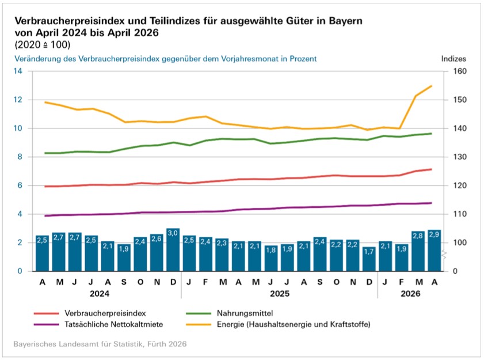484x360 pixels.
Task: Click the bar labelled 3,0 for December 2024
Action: [173, 250]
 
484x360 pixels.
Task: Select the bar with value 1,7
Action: [368, 259]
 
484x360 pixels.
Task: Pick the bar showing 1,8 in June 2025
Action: [270, 258]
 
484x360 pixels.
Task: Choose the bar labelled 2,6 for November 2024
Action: [157, 252]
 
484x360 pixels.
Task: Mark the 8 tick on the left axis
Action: [19, 157]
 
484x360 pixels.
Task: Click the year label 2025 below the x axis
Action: [279, 293]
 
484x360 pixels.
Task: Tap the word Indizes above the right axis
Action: [454, 59]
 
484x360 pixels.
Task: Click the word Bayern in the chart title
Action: [345, 21]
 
